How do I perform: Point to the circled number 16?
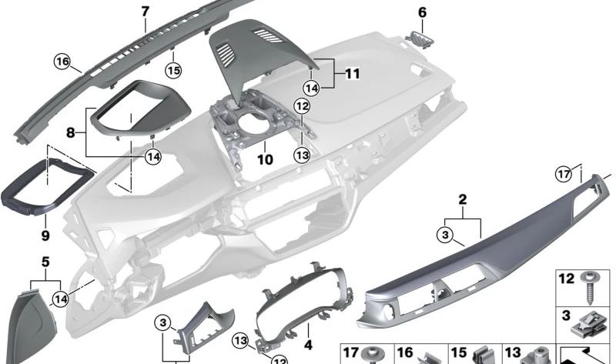point(62,61)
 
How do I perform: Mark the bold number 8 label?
point(70,132)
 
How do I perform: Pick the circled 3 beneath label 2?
point(446,233)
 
